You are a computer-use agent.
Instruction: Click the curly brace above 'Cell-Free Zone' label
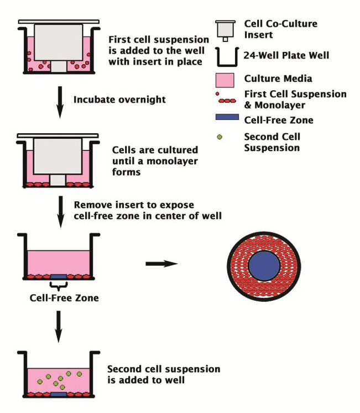[58, 285]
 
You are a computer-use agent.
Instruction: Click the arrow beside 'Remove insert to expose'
[58, 206]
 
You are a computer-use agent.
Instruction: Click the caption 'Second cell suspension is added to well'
[163, 374]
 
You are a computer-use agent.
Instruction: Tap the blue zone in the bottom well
[58, 395]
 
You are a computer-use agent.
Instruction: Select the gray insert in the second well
[58, 155]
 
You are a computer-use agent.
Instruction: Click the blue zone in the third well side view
[58, 276]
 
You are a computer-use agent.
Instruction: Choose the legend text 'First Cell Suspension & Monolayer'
[295, 99]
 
